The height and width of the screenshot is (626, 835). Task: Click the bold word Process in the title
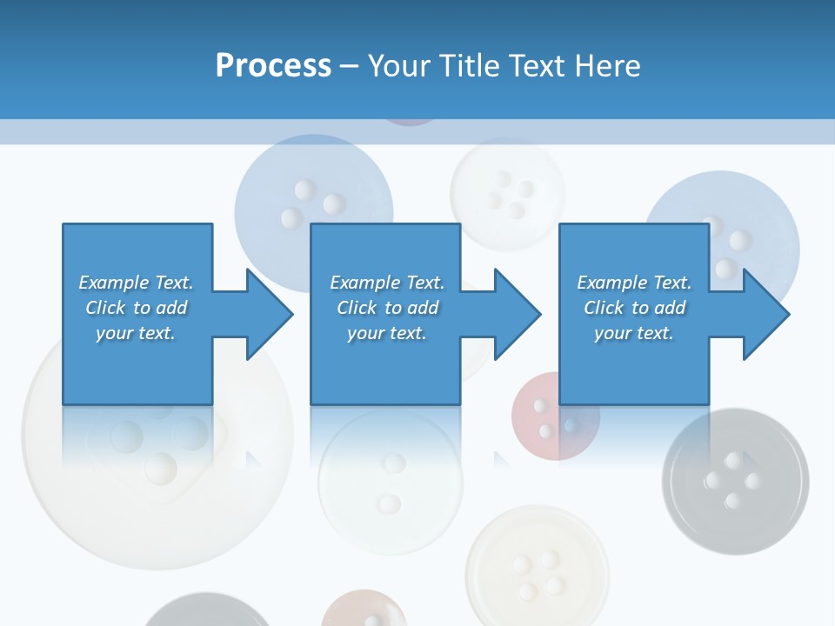273,66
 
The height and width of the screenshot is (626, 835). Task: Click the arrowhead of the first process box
269,314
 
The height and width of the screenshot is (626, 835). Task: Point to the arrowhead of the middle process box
517,314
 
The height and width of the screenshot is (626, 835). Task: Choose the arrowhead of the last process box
765,314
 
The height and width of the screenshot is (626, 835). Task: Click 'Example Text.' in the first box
136,283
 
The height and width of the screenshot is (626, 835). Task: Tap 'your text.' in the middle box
386,333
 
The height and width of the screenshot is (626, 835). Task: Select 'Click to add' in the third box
634,308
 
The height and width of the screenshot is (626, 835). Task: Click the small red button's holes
544,418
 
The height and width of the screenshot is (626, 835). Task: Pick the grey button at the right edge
735,478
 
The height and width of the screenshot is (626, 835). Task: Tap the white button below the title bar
507,193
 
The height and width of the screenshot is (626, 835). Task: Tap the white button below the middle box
389,483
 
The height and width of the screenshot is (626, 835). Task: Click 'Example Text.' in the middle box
386,283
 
